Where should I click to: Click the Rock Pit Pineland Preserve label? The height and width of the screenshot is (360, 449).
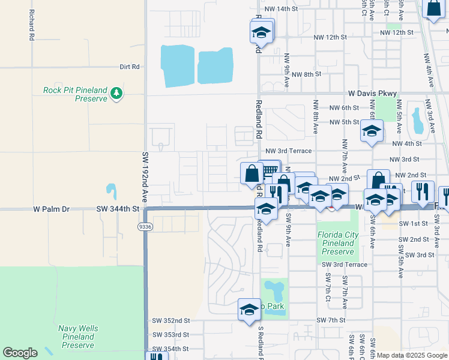[x=75, y=94]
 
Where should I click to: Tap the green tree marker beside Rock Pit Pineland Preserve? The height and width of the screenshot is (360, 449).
[x=116, y=93]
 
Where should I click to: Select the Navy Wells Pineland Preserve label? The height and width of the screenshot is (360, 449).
[x=78, y=337]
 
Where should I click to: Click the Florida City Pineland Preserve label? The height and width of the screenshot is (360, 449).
[x=338, y=243]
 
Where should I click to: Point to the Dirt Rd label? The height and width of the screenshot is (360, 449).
[x=129, y=67]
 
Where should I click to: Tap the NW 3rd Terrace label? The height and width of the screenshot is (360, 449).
[x=289, y=151]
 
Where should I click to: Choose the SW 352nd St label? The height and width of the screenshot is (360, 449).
[x=170, y=320]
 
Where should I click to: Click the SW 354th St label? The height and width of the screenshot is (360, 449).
[x=170, y=349]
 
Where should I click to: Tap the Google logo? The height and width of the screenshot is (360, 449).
[x=20, y=353]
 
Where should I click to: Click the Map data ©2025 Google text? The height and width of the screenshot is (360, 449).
[x=412, y=355]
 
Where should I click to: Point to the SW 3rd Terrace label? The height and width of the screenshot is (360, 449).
[x=344, y=264]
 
